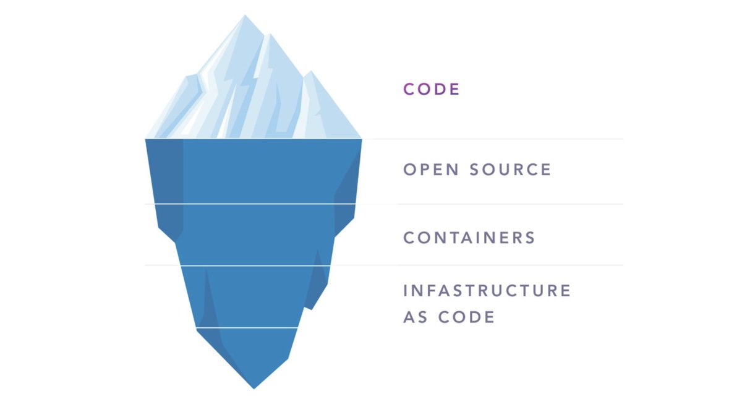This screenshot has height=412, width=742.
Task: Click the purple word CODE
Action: tap(432, 89)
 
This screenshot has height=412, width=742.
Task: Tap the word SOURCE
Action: tap(510, 170)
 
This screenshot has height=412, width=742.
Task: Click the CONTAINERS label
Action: tap(469, 238)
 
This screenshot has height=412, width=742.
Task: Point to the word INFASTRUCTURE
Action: tap(487, 291)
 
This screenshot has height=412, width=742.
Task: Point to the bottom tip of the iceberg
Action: tap(254, 387)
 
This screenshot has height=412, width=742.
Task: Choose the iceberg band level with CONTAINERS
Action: tap(254, 235)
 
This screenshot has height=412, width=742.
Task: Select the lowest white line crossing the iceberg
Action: tap(247, 328)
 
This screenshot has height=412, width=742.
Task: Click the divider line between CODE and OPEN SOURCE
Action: tap(495, 139)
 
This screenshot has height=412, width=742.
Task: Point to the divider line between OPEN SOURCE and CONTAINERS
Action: tap(495, 204)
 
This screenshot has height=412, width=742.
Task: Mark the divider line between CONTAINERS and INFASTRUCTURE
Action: tap(495, 265)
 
